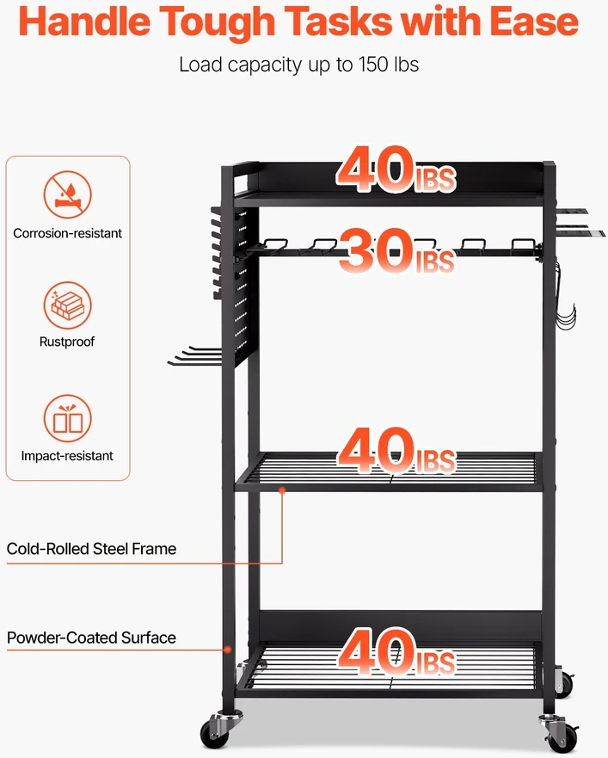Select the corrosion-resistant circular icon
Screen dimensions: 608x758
point(68,194)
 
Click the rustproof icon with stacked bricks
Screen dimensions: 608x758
point(68,305)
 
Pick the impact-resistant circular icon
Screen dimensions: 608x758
point(68,418)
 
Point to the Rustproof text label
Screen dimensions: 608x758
point(67,342)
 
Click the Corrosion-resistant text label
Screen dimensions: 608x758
point(68,233)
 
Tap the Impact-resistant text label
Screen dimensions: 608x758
point(67,456)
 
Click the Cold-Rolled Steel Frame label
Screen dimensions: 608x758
point(91,549)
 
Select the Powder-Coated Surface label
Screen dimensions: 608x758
point(91,638)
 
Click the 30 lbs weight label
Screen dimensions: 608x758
point(396,250)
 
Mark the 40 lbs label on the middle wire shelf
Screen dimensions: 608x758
point(396,450)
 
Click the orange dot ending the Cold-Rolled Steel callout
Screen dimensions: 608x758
point(282,490)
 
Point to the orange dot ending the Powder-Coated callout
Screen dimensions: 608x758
point(227,650)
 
